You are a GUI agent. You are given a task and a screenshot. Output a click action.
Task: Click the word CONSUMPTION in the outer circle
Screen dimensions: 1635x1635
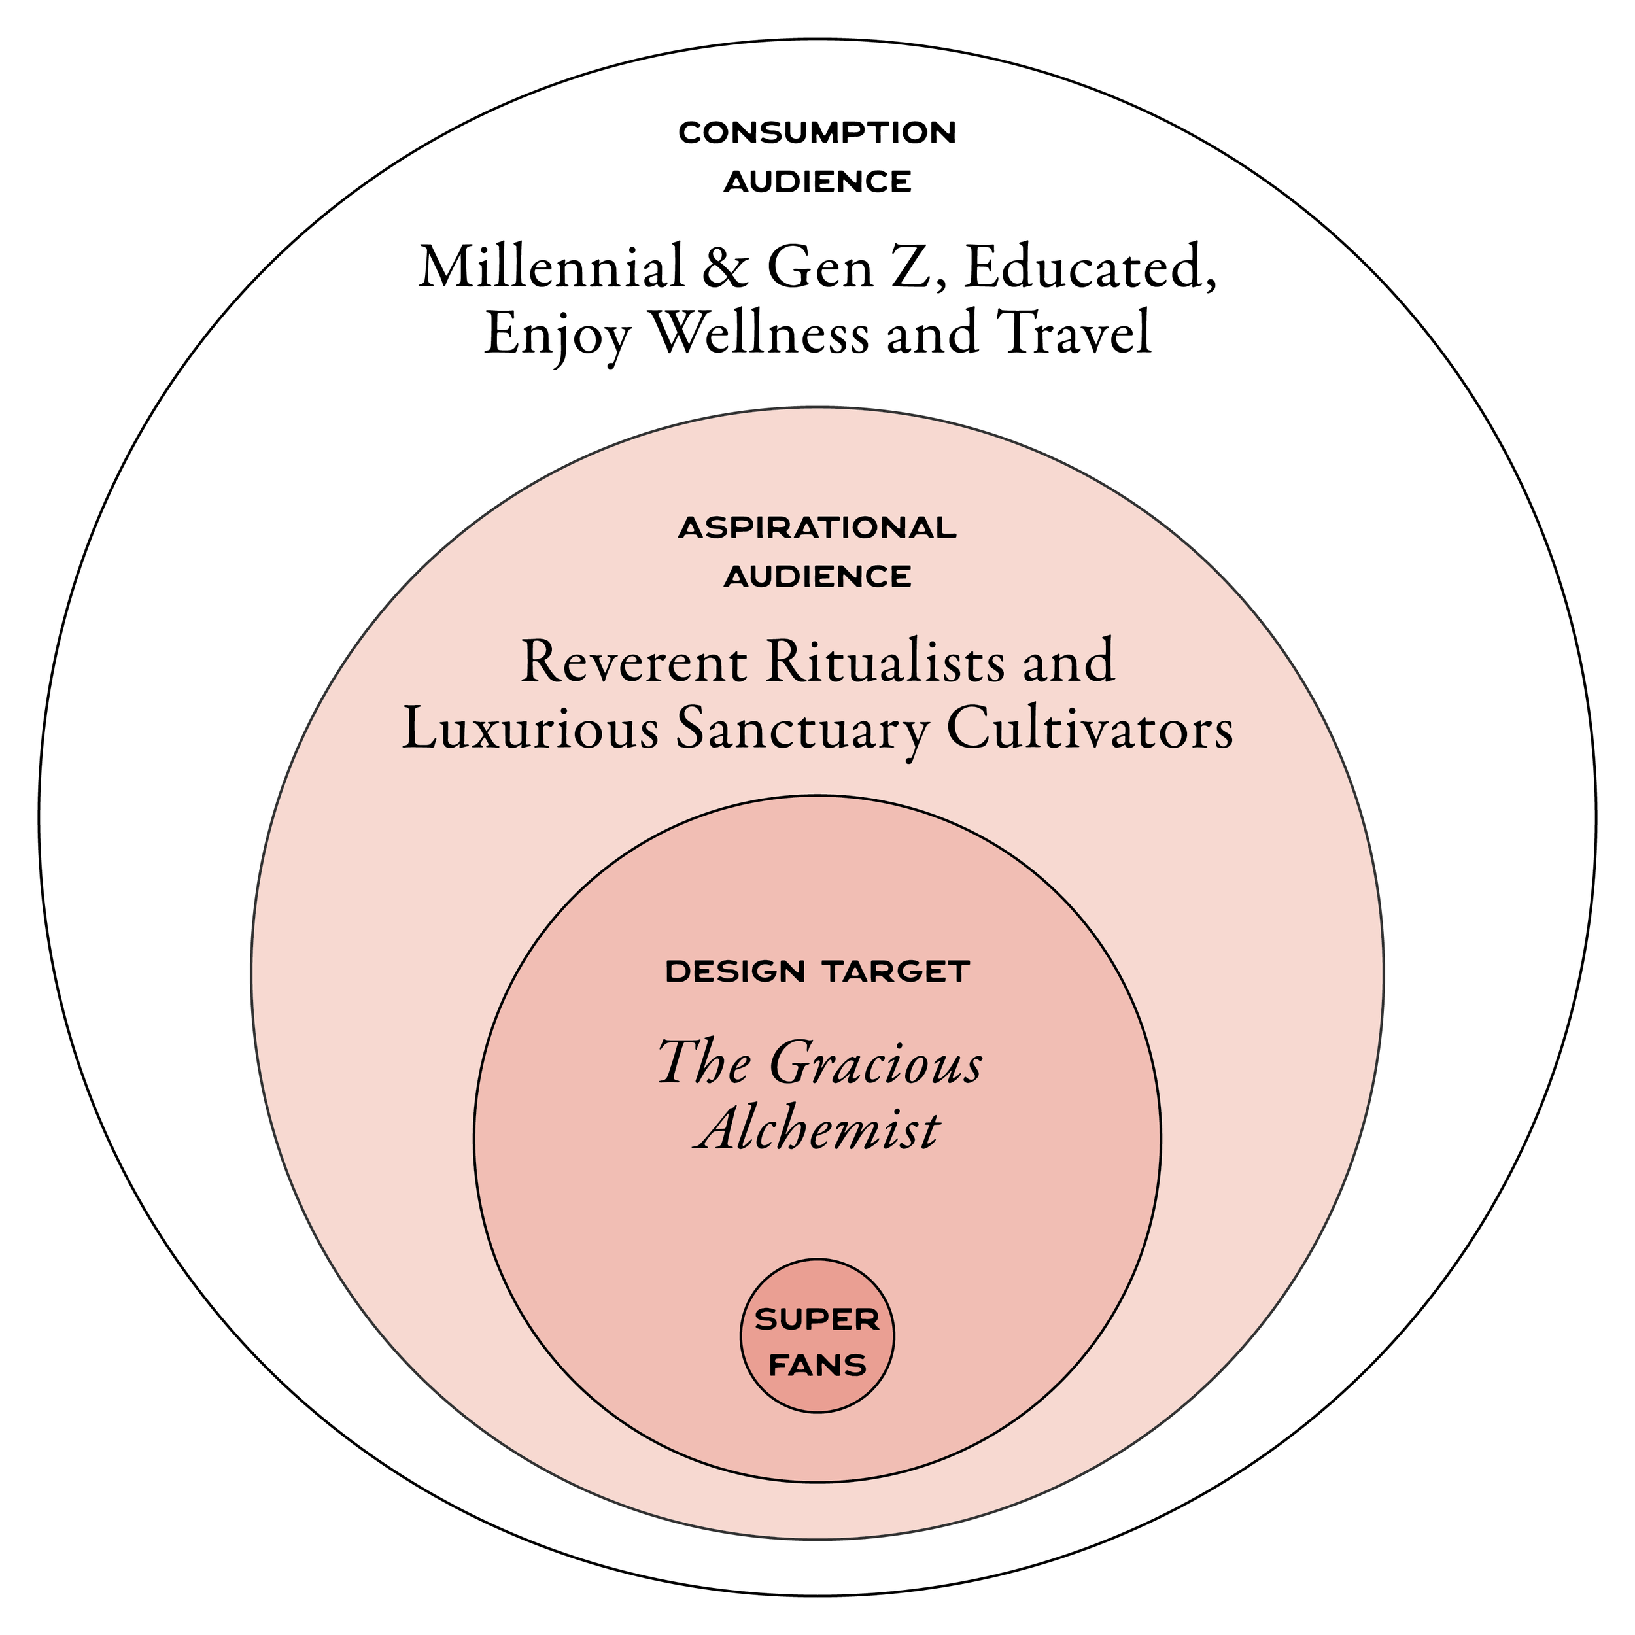click(x=817, y=133)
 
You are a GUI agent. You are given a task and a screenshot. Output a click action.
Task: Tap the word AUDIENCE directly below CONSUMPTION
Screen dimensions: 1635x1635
click(x=817, y=181)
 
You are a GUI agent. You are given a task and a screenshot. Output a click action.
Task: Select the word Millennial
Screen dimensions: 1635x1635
click(x=551, y=267)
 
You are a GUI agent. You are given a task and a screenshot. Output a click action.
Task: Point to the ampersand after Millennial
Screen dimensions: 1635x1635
click(x=725, y=267)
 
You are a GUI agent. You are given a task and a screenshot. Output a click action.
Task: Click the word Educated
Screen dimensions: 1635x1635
click(x=1090, y=267)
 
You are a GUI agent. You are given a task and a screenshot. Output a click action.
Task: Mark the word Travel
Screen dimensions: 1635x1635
click(x=1074, y=333)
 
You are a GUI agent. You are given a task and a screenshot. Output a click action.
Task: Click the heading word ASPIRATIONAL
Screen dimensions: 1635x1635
click(x=817, y=528)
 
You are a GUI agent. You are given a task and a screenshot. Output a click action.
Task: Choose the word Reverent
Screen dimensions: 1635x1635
click(x=634, y=662)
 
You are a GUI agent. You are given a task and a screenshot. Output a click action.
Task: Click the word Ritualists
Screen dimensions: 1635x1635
click(x=886, y=662)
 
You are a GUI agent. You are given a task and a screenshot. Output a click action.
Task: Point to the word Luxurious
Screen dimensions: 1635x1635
click(x=530, y=729)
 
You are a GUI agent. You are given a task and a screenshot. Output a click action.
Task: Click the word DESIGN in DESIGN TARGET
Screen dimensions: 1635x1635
click(x=734, y=972)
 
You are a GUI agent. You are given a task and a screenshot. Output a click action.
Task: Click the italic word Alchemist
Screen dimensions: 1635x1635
click(x=817, y=1129)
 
